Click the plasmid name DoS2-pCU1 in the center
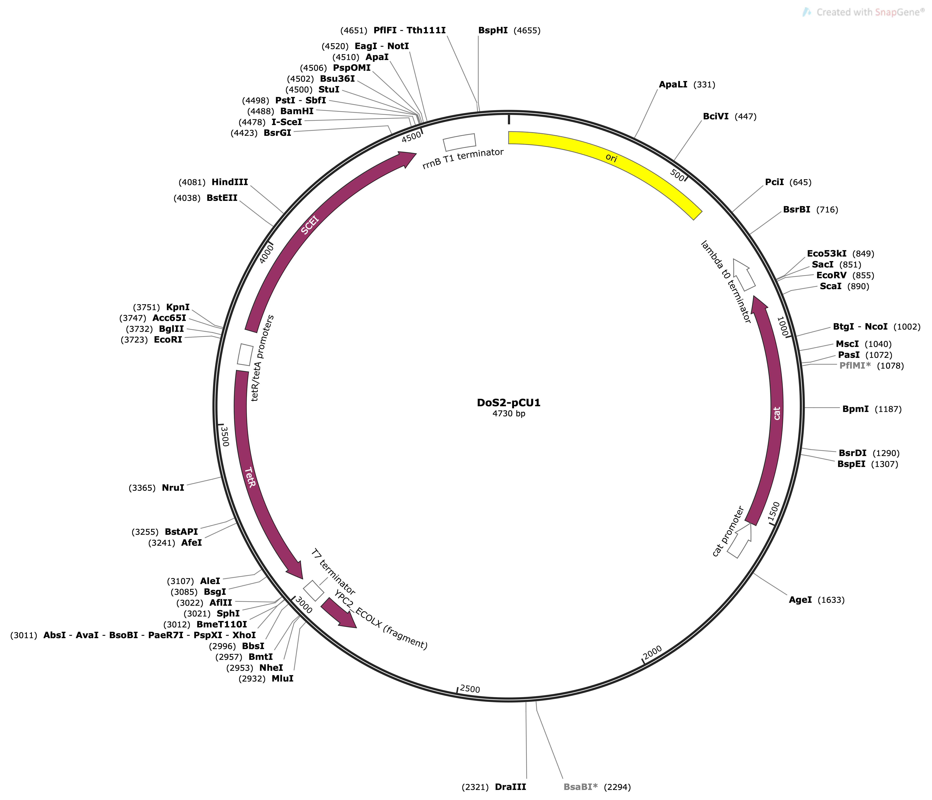pyautogui.click(x=509, y=403)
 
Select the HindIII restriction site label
pyautogui.click(x=230, y=182)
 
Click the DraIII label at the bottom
pyautogui.click(x=510, y=787)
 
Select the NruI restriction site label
pyautogui.click(x=173, y=488)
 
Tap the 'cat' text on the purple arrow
pyautogui.click(x=777, y=413)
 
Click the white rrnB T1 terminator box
pyautogui.click(x=459, y=142)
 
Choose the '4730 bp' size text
pyautogui.click(x=509, y=414)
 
